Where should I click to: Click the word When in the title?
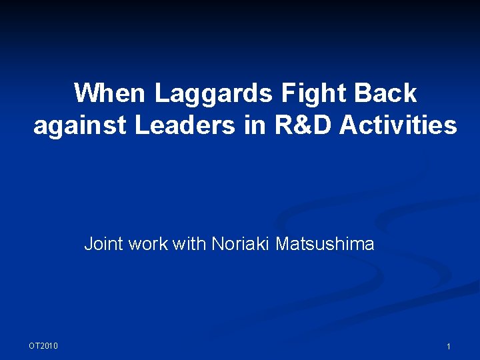pyautogui.click(x=111, y=93)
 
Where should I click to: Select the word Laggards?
pyautogui.click(x=213, y=93)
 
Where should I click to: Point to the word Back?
pyautogui.click(x=387, y=93)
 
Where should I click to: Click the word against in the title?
pyautogui.click(x=81, y=125)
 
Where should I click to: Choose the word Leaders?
pyautogui.click(x=185, y=125)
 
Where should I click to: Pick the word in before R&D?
pyautogui.click(x=255, y=125)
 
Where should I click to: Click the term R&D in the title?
pyautogui.click(x=302, y=125)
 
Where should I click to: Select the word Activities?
pyautogui.click(x=399, y=125)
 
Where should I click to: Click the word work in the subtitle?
pyautogui.click(x=148, y=245)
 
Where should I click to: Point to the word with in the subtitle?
pyautogui.click(x=189, y=245)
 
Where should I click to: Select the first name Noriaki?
pyautogui.click(x=241, y=245)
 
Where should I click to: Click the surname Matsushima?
pyautogui.click(x=325, y=245)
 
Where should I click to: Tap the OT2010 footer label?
pyautogui.click(x=43, y=345)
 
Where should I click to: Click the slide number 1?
pyautogui.click(x=449, y=347)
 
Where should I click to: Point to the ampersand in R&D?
pyautogui.click(x=302, y=125)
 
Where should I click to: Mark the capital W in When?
pyautogui.click(x=85, y=93)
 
